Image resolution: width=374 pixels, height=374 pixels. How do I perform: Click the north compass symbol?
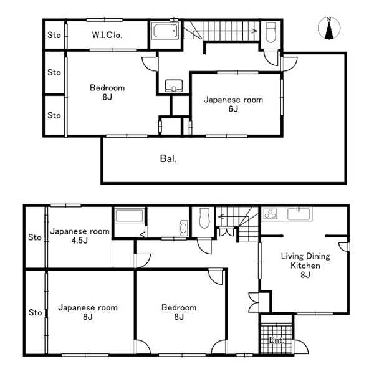[329, 28]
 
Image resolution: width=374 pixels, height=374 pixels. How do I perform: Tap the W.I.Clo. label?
[107, 36]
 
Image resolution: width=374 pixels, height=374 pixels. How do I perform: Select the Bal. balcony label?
[168, 158]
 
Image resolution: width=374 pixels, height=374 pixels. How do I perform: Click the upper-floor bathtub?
[166, 31]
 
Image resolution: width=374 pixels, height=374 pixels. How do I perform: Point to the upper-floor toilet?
[271, 32]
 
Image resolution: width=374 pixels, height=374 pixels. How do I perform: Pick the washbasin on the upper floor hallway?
[174, 85]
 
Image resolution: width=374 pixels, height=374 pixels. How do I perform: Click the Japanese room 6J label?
[233, 104]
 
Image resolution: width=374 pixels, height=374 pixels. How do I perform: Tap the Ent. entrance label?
[276, 340]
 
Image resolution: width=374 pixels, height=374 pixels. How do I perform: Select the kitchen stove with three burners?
[271, 214]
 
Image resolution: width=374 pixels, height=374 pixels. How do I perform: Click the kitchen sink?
[299, 214]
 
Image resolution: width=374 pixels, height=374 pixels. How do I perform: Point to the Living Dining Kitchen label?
[305, 266]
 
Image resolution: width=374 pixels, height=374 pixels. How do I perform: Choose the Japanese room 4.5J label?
[80, 236]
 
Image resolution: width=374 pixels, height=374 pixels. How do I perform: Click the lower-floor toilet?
[204, 218]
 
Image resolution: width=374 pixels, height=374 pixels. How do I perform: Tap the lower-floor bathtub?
[130, 216]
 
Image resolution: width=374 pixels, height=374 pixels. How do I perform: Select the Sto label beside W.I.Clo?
[54, 36]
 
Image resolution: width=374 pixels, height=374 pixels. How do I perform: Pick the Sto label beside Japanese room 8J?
[35, 312]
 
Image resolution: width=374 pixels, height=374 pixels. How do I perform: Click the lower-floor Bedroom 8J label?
[179, 312]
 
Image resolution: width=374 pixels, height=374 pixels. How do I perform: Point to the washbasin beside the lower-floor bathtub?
[183, 228]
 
